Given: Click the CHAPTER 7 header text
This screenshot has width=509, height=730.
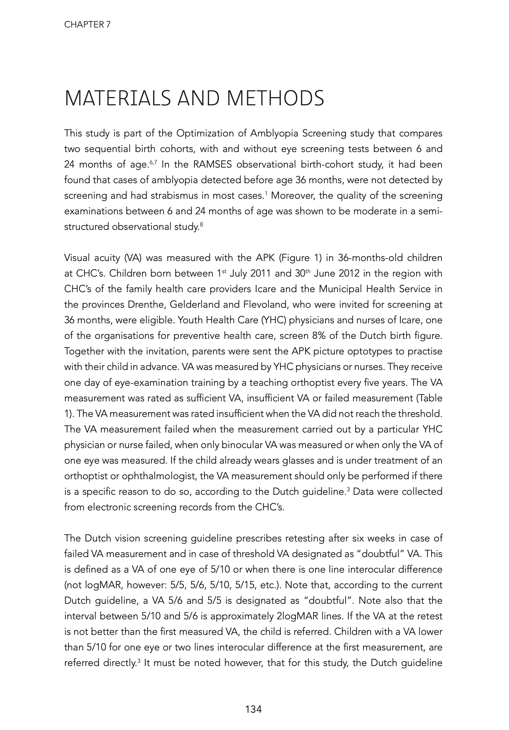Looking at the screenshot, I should [x=88, y=25].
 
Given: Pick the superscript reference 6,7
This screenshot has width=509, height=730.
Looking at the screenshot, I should [x=153, y=162].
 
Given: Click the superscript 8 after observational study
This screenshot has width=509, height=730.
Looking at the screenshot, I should [x=201, y=225].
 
